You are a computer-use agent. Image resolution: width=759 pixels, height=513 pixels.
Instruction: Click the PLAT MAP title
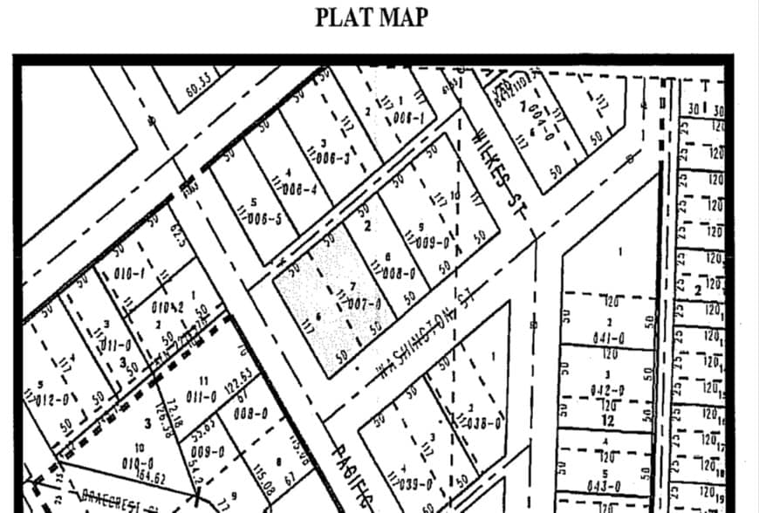[x=372, y=17]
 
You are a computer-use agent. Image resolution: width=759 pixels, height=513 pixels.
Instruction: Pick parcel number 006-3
[x=333, y=157]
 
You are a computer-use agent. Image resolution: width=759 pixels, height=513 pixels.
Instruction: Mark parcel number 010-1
[x=128, y=275]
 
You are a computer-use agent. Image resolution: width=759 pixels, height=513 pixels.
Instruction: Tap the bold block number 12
[x=608, y=421]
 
